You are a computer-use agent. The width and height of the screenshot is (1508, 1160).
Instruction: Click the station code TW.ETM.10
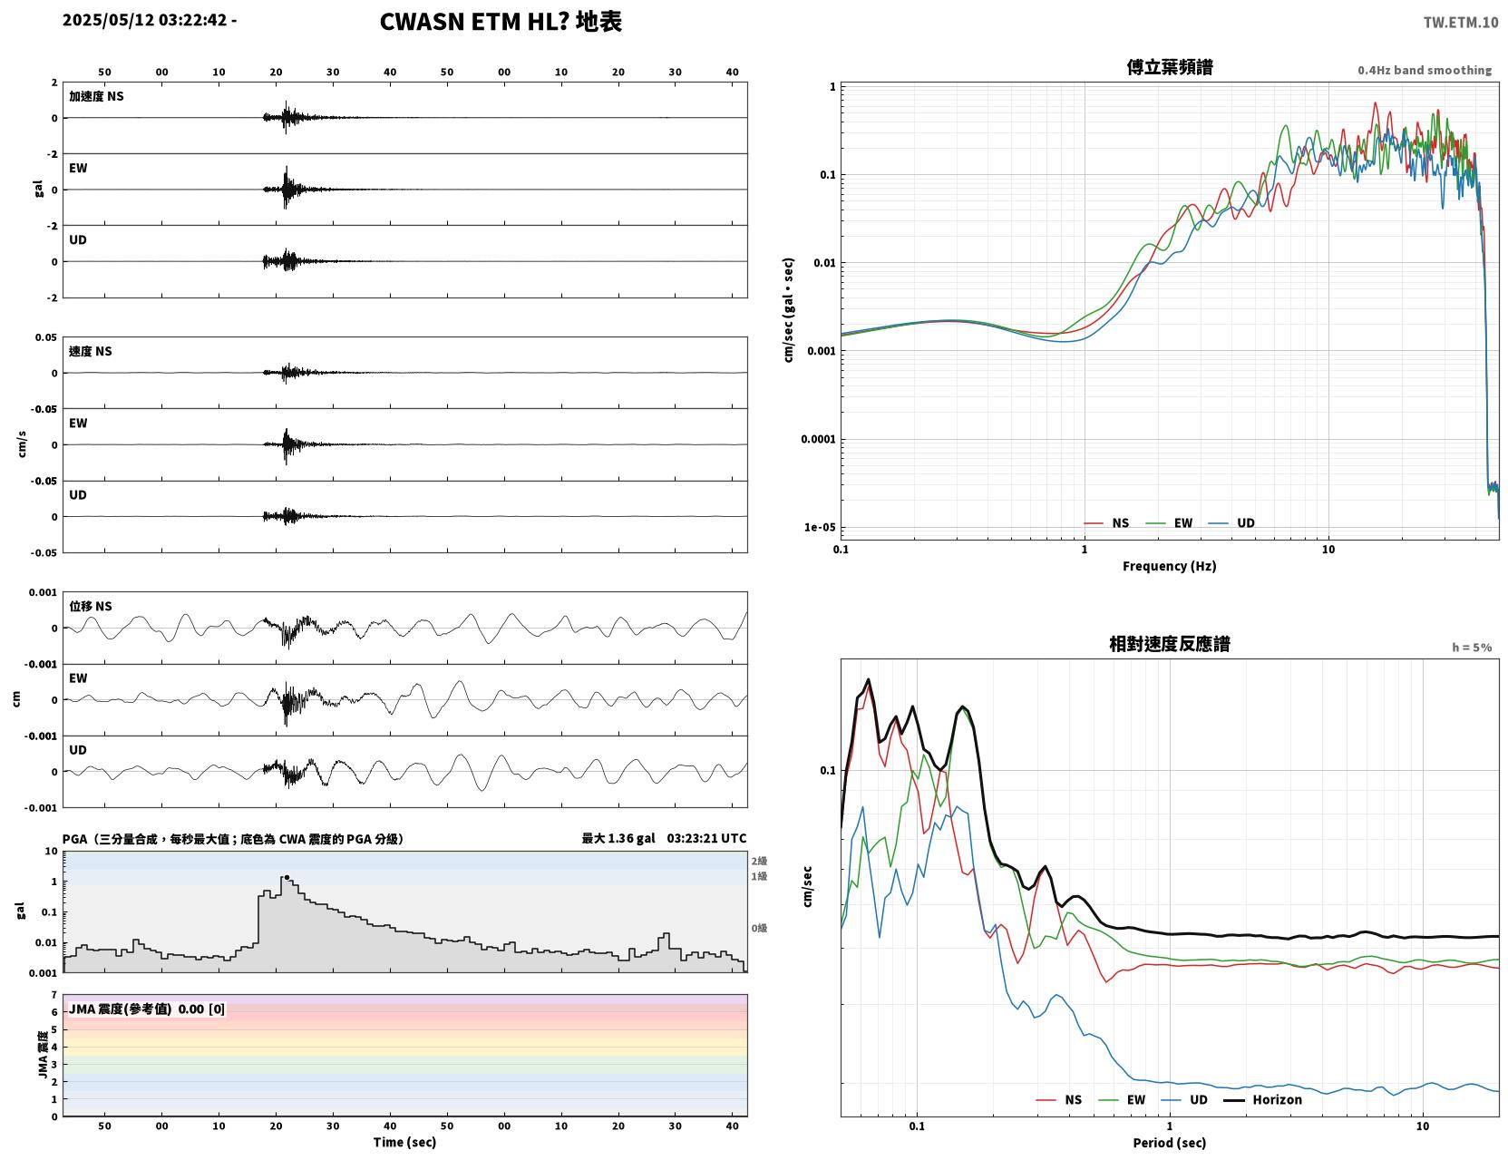[x=1460, y=22]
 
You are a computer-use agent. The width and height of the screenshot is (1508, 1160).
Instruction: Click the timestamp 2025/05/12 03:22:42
[x=144, y=19]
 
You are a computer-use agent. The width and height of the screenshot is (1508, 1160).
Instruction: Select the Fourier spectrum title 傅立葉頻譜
[x=1169, y=67]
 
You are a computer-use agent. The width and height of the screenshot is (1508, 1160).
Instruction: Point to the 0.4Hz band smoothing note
[x=1424, y=70]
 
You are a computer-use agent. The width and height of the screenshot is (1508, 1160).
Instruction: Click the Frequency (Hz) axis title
[x=1169, y=566]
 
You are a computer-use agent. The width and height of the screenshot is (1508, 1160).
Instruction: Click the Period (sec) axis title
[x=1169, y=1143]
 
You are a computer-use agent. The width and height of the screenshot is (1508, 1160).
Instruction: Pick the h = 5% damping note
[x=1471, y=648]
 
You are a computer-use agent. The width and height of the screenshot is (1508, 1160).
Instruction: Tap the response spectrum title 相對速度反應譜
[x=1169, y=644]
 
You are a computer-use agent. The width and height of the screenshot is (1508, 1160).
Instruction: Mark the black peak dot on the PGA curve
[x=287, y=878]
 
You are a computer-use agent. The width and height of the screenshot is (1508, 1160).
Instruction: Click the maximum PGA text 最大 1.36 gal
[x=618, y=838]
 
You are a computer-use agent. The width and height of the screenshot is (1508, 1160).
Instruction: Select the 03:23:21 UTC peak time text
[x=706, y=838]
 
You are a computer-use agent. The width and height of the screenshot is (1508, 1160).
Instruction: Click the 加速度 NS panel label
[x=96, y=96]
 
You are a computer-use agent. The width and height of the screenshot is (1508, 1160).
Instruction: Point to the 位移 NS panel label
[x=90, y=607]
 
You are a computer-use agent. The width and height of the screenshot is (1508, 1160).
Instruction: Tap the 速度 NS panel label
[x=90, y=351]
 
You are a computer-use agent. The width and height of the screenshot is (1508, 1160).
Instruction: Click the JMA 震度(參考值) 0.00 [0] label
[x=146, y=1009]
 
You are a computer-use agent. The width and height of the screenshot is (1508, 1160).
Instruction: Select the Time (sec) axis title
[x=404, y=1142]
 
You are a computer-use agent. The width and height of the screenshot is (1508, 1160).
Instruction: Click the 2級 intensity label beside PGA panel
[x=759, y=861]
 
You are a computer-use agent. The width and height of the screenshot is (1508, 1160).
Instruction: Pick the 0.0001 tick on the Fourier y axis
[x=818, y=439]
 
